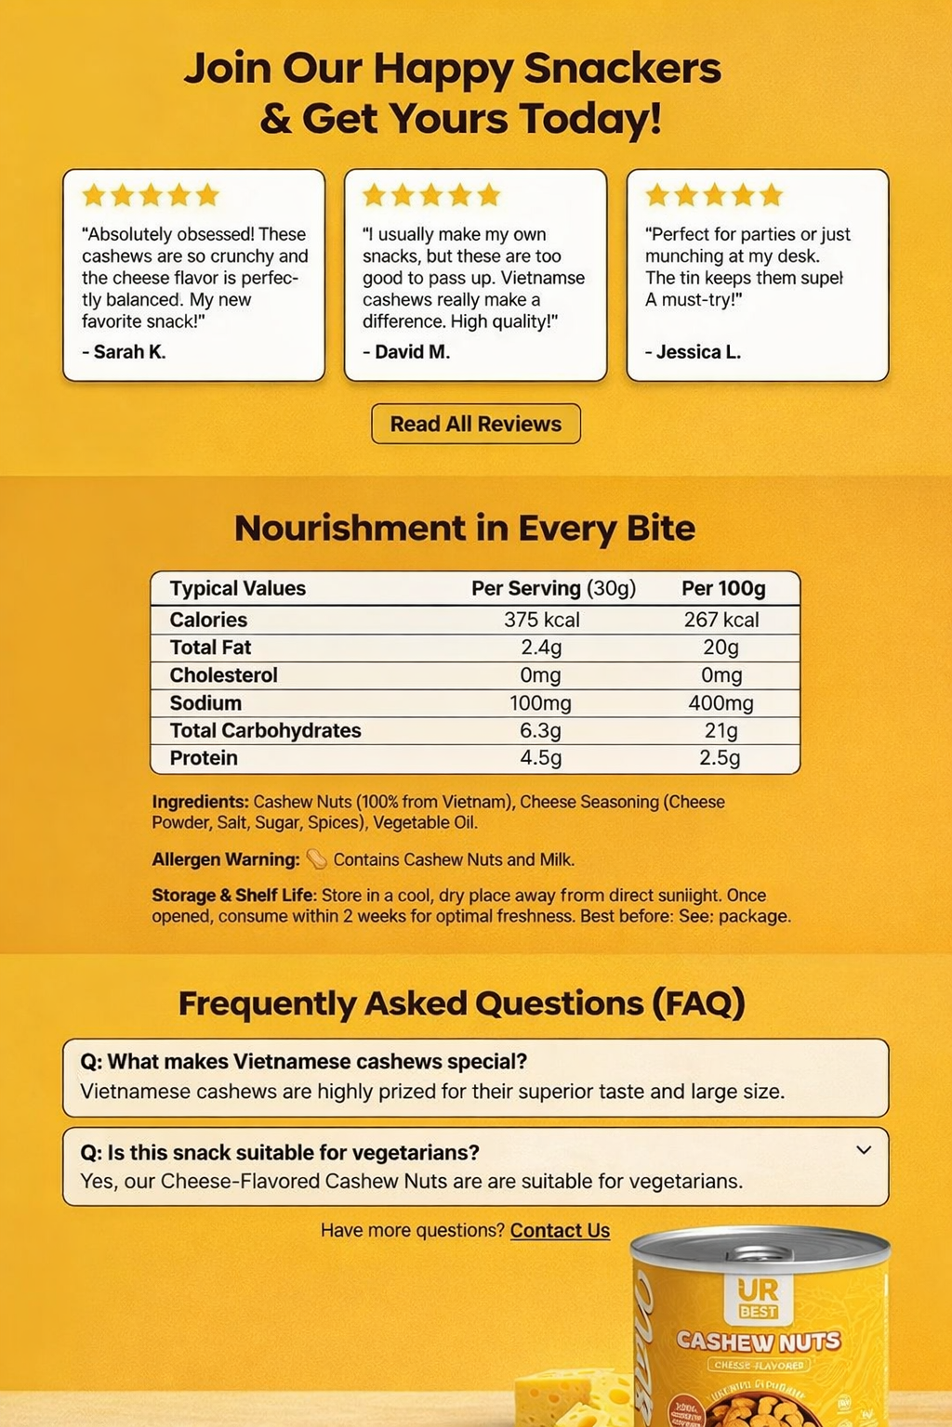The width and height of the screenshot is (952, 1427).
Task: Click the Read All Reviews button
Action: point(476,424)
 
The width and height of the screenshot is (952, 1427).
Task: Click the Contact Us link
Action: point(560,1230)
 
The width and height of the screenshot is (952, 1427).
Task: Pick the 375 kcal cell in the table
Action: point(542,620)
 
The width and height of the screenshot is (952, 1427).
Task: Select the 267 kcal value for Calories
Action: point(721,620)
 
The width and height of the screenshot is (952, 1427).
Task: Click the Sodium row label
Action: point(205,703)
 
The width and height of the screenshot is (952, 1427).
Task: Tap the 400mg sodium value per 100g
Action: point(721,703)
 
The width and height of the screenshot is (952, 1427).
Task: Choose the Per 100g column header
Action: point(723,588)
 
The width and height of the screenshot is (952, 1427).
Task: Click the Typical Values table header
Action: point(238,588)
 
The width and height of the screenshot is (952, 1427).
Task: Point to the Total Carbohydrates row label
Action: point(265,730)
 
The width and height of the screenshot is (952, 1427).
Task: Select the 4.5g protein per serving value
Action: point(540,758)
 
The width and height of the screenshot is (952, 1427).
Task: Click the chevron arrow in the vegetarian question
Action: point(864,1150)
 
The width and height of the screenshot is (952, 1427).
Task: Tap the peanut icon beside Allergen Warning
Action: point(317,859)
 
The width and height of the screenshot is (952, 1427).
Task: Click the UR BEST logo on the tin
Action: point(758,1299)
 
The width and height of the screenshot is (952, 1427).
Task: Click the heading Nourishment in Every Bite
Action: point(465,528)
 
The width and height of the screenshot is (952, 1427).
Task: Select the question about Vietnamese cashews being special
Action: point(304,1062)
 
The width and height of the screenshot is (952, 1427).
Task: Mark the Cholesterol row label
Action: point(223,675)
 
